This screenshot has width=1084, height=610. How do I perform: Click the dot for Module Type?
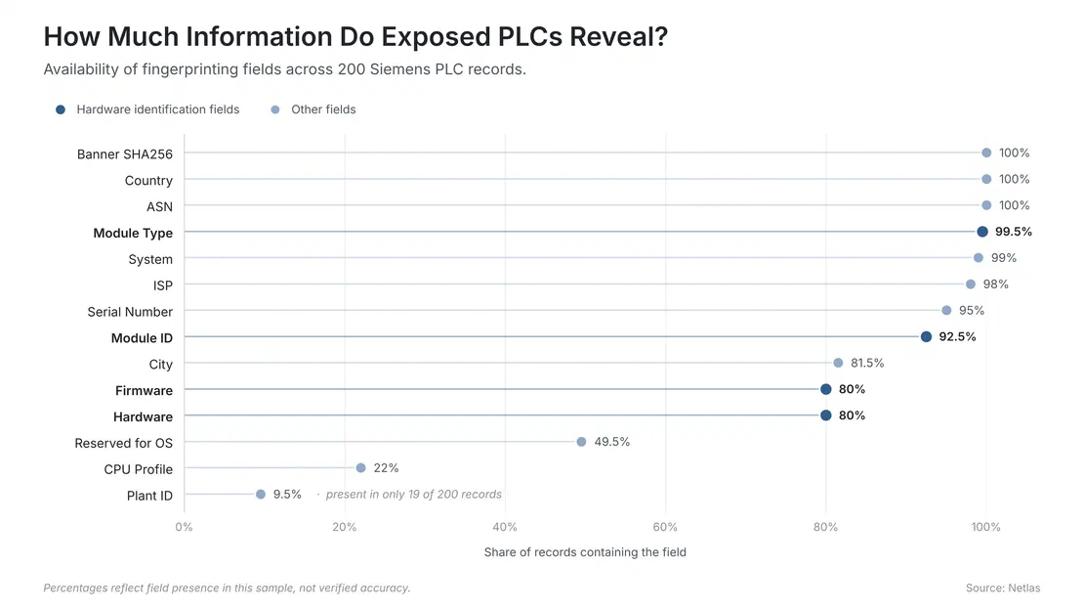point(981,232)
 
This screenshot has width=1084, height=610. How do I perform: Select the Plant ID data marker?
point(261,495)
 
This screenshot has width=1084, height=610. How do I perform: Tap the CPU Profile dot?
point(361,468)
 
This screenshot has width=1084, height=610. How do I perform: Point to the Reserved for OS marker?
point(581,442)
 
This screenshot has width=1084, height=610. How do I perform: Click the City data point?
point(838,363)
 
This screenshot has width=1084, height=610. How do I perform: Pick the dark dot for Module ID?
point(926,336)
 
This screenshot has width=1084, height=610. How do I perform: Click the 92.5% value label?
point(957,336)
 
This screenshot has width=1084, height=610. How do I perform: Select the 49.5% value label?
point(611,442)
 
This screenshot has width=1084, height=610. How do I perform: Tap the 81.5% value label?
point(867,363)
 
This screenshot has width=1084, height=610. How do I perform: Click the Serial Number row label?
point(130,312)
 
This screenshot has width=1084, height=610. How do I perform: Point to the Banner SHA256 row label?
point(124,153)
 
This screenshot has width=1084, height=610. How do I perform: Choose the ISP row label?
point(163,285)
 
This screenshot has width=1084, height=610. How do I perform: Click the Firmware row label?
point(144,390)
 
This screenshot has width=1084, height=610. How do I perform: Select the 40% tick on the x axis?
point(505,527)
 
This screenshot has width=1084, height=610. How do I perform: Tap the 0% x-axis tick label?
point(184,527)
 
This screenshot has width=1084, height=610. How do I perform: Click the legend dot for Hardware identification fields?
point(61,109)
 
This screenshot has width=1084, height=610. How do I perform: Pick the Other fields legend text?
point(323,109)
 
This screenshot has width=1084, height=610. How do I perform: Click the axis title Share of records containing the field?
point(585,552)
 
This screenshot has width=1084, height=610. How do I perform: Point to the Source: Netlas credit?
point(1002,588)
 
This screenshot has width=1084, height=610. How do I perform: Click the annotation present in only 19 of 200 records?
point(413,495)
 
